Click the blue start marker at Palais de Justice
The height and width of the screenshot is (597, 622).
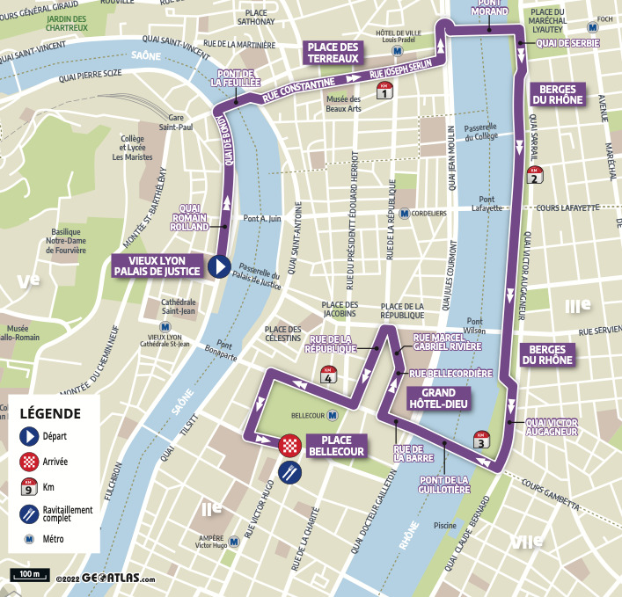pos(218,266)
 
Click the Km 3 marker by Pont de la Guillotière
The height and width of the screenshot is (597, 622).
pos(480,440)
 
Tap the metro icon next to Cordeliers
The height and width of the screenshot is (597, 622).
pos(404,213)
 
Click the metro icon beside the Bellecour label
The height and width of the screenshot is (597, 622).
pos(333,415)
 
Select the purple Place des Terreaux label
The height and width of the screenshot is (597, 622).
pos(332,53)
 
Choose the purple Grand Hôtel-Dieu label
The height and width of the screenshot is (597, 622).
pos(438,398)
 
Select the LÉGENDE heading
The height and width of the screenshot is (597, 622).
pos(50,413)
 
